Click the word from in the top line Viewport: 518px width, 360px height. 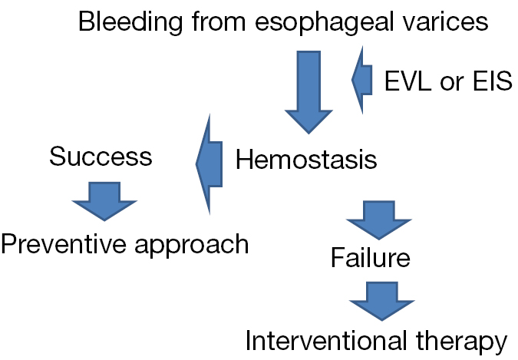tap(219, 21)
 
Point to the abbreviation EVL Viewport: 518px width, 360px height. tap(408, 81)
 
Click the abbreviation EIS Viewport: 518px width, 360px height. tap(493, 81)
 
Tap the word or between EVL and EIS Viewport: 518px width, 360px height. tap(452, 83)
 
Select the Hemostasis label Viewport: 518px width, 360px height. tap(306, 159)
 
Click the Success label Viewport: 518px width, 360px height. tap(101, 156)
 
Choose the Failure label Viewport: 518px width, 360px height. tap(371, 257)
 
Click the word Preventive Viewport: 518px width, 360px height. tap(64, 243)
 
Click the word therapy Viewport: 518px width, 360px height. tap(461, 342)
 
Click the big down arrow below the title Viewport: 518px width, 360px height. tap(308, 92)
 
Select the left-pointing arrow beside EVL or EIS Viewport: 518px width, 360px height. tap(362, 80)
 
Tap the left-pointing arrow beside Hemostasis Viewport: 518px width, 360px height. tap(209, 164)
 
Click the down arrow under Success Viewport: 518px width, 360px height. tap(104, 201)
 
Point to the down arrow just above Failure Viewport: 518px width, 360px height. tap(378, 220)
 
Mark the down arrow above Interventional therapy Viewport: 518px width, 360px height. tap(382, 301)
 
